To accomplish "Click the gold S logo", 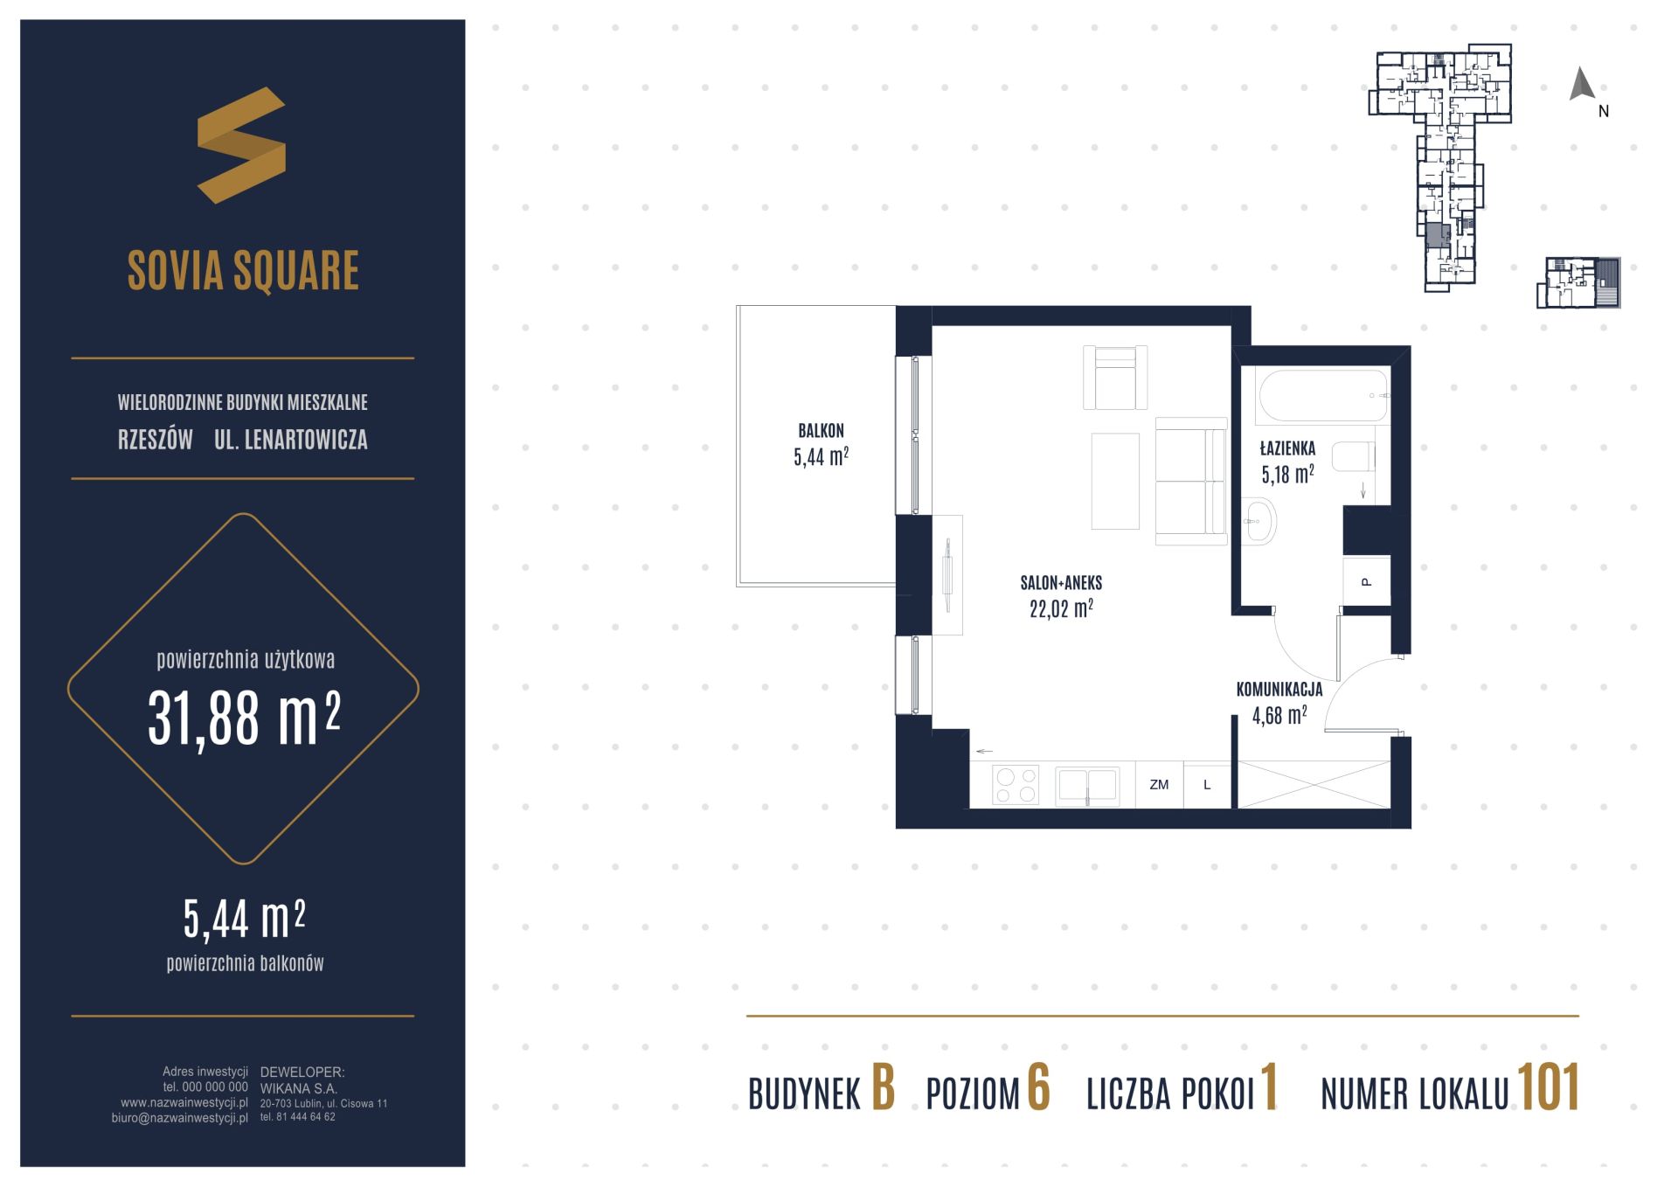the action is [241, 145].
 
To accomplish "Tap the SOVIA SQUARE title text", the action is [243, 270].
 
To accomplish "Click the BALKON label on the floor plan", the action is [821, 430].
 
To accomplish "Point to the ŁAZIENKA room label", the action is [1287, 448].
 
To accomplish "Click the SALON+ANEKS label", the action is [1061, 583].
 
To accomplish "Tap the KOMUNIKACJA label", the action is [1279, 690].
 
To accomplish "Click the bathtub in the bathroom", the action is [1322, 396].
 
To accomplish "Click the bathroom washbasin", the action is [1258, 521].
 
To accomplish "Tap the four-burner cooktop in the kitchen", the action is [1016, 784].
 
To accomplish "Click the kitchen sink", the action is [1087, 786].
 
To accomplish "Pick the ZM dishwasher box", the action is [1159, 785].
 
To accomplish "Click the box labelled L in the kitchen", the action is [1207, 785].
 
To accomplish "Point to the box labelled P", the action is [1366, 581].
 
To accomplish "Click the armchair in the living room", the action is [1115, 378].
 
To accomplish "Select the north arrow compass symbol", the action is [1582, 84].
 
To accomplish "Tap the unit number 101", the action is [1549, 1089].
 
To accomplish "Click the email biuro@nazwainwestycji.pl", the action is [180, 1118].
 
